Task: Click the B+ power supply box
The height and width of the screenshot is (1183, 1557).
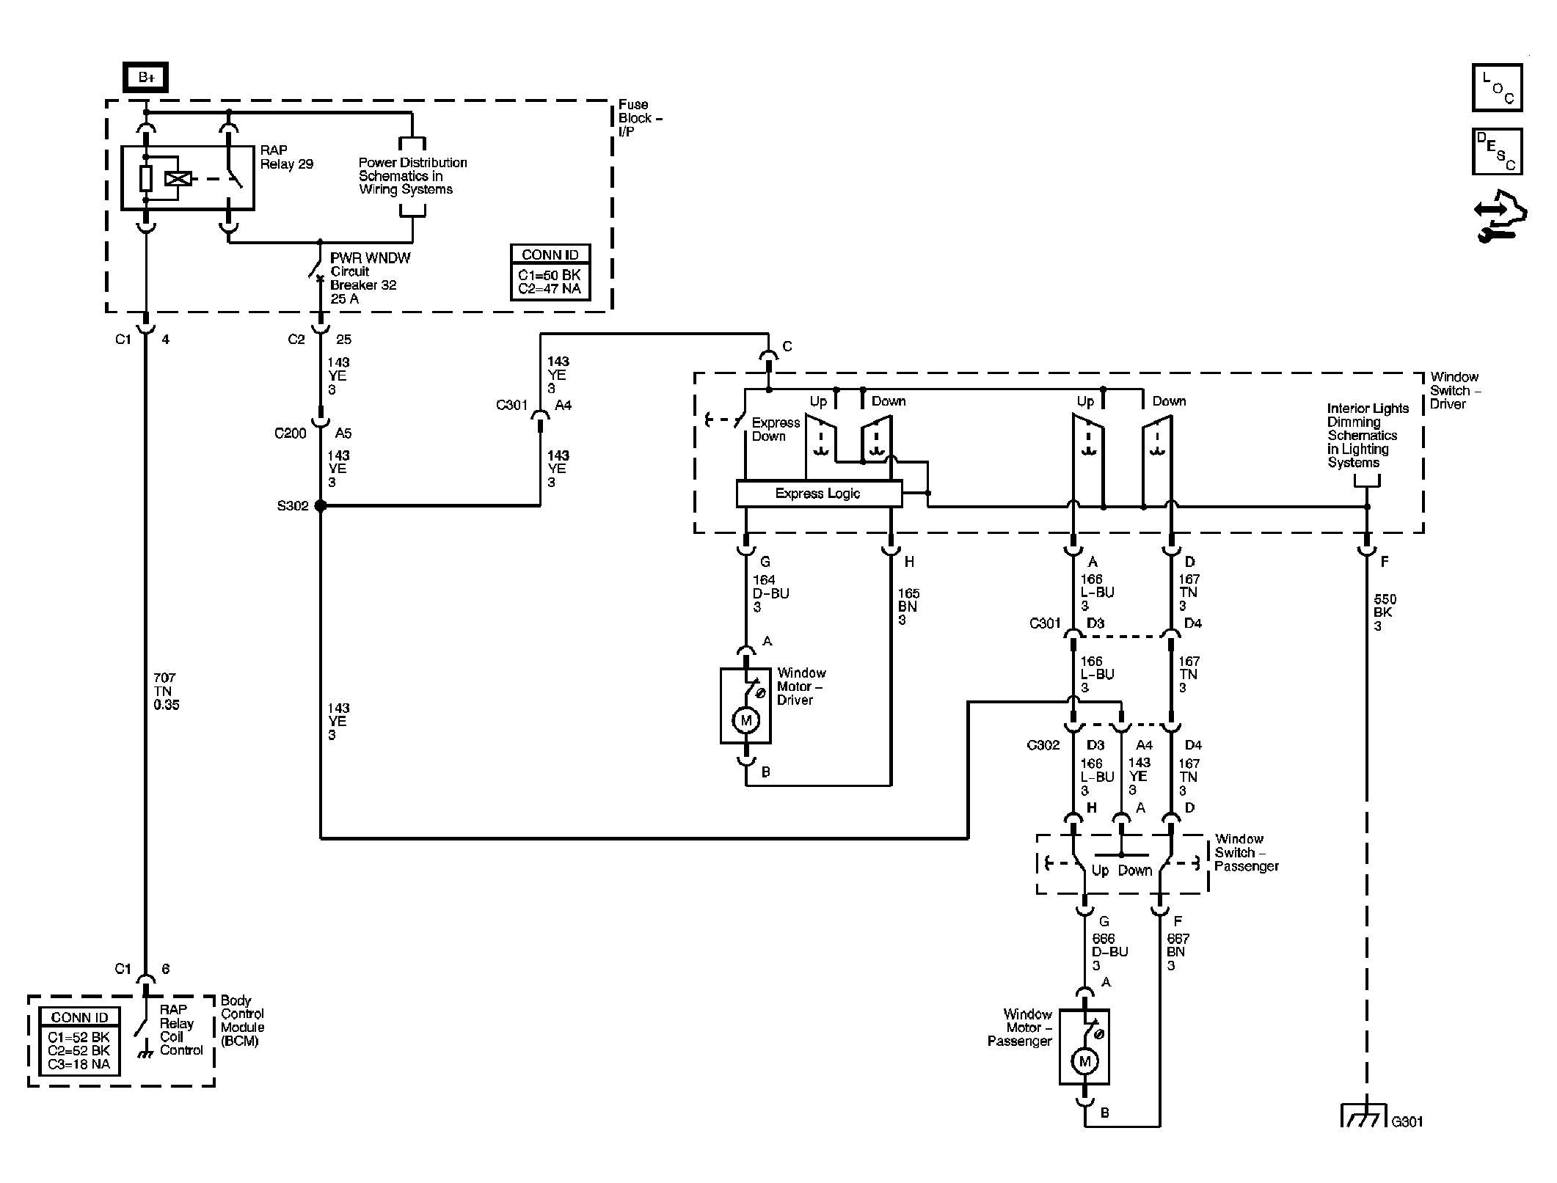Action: tap(145, 78)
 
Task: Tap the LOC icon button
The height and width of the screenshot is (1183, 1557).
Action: tap(1497, 88)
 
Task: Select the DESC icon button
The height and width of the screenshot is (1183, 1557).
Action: tap(1497, 152)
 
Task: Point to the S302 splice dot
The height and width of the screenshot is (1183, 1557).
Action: tap(320, 505)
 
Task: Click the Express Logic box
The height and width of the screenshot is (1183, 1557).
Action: tap(819, 494)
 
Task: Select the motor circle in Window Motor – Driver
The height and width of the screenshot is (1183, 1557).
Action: tap(746, 720)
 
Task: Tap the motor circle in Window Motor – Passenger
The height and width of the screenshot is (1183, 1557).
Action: tap(1084, 1061)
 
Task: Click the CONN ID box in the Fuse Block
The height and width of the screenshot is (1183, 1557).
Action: tap(550, 272)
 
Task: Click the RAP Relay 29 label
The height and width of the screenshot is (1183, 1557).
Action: tap(287, 157)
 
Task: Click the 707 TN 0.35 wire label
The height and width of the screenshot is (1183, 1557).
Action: tap(166, 692)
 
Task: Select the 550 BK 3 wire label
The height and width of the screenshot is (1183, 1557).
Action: tap(1384, 612)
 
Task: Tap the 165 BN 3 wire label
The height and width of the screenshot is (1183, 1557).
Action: tap(908, 607)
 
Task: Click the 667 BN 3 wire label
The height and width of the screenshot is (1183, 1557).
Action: tap(1178, 952)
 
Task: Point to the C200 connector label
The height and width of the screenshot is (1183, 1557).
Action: tap(291, 433)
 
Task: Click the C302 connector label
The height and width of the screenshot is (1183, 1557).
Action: tap(1043, 745)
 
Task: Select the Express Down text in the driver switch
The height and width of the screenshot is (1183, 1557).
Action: tap(776, 430)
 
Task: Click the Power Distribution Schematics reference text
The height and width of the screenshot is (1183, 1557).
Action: tap(412, 176)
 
